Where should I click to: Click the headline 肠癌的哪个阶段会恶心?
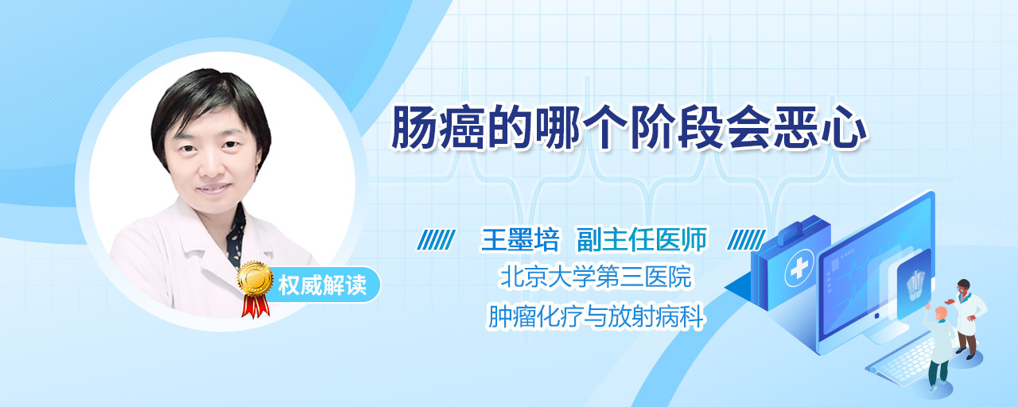pos(629,127)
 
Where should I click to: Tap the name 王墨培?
pos(520,239)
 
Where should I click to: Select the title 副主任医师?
pos(642,239)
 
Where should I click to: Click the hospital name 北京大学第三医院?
pos(596,276)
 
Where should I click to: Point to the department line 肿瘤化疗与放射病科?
pos(596,316)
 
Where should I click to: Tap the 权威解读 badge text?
pos(322,285)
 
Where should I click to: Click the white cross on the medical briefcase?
pos(799,269)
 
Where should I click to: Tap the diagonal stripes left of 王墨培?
pos(437,240)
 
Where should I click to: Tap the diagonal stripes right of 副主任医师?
pos(746,240)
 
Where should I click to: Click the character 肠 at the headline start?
pos(414,127)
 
